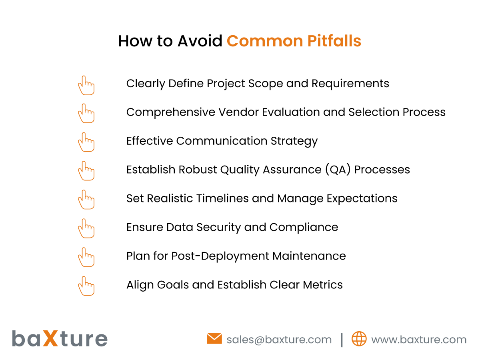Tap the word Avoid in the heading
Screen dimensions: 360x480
pos(200,42)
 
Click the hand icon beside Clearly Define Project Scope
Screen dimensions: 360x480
pos(86,85)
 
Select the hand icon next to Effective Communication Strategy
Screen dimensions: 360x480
pos(86,142)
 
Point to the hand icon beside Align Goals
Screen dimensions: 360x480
pos(86,286)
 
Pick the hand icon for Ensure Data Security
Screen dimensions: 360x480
pos(86,228)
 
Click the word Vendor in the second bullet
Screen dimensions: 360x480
pos(238,112)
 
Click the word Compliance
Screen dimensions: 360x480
pos(304,227)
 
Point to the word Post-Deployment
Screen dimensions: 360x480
pos(220,256)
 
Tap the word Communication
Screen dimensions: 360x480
pos(222,141)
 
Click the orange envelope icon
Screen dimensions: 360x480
pos(214,339)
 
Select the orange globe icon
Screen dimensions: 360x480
pos(359,339)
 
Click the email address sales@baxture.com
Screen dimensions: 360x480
pos(279,340)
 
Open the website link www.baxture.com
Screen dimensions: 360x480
pos(418,340)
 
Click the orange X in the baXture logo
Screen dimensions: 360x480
pos(52,338)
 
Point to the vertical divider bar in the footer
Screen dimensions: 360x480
pos(342,340)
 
